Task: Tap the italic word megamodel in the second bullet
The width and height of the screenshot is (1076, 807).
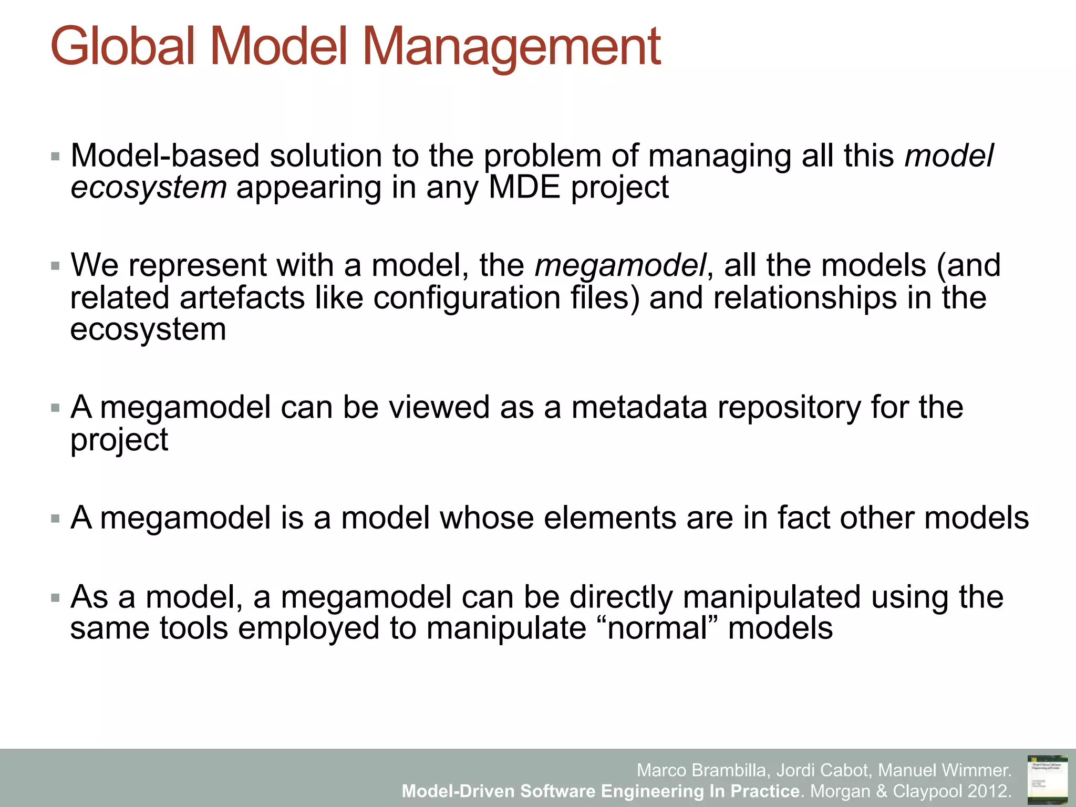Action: (x=620, y=265)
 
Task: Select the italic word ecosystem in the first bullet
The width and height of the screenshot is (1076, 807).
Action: (x=149, y=188)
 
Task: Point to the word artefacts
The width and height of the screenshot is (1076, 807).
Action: (x=242, y=297)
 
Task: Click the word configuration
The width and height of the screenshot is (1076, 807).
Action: (x=467, y=297)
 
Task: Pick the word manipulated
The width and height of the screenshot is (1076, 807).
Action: (x=771, y=597)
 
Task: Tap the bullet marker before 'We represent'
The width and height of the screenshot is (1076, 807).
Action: (x=55, y=266)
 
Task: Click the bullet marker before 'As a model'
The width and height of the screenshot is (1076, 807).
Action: (x=55, y=598)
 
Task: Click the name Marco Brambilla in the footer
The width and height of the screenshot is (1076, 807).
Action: (x=701, y=770)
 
